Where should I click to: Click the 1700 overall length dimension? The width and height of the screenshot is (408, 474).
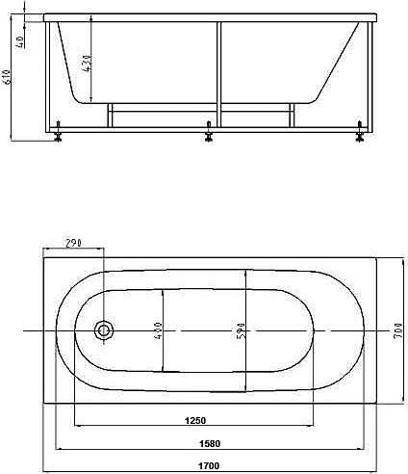(x=209, y=465)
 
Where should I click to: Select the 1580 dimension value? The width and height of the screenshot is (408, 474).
(x=210, y=444)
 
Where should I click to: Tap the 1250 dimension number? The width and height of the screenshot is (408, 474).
(x=195, y=420)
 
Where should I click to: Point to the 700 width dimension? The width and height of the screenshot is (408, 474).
(x=397, y=329)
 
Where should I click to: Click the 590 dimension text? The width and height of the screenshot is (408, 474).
(x=241, y=330)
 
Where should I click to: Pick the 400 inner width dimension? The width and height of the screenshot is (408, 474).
(x=159, y=331)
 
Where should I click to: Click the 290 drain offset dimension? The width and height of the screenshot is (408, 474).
(x=74, y=243)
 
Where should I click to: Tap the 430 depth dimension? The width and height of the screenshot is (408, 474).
(x=87, y=64)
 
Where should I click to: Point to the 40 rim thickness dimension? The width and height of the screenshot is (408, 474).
(x=20, y=42)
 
